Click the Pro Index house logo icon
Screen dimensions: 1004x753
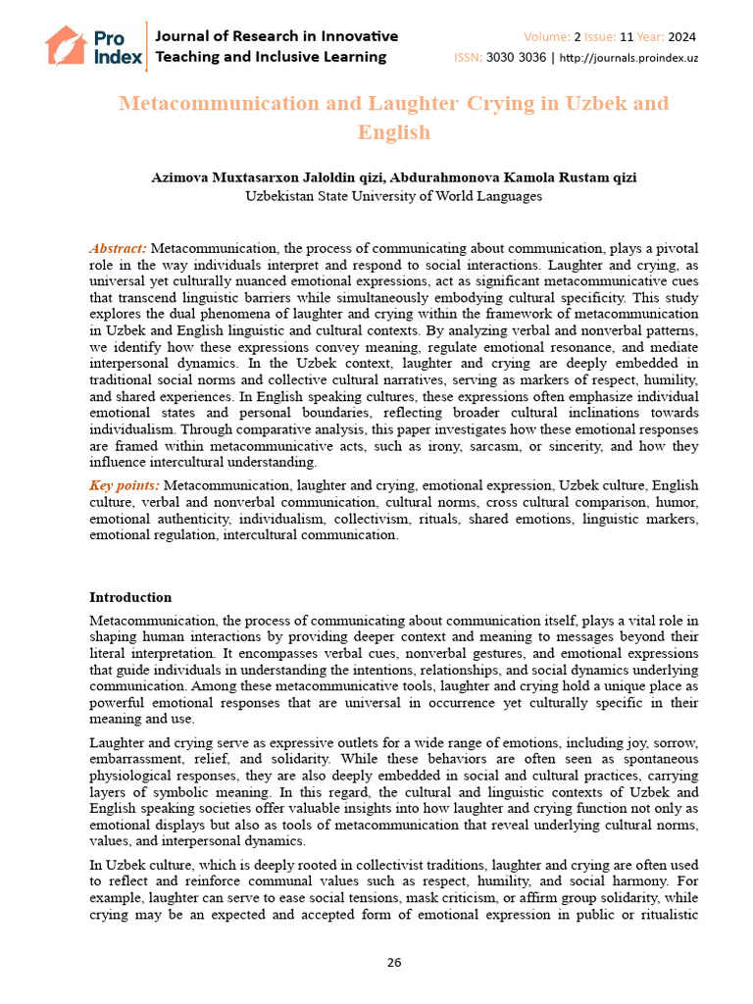click(66, 45)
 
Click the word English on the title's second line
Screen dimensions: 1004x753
click(394, 132)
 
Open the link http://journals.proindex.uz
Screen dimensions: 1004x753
click(629, 58)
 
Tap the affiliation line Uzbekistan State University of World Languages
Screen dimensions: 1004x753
click(393, 196)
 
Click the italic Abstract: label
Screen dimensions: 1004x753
click(118, 249)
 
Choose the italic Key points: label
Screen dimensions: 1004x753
click(125, 485)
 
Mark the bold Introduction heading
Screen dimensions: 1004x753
click(130, 597)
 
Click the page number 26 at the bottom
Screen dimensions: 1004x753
click(394, 962)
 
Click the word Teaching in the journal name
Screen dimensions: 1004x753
click(190, 57)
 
